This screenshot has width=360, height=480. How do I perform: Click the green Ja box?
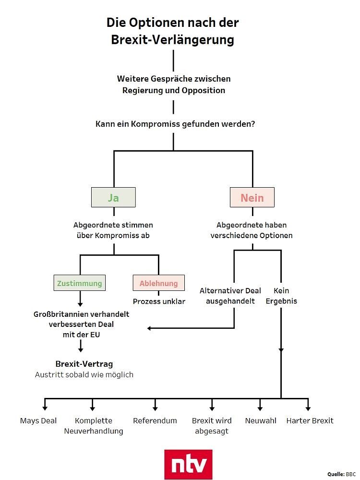coord(113,197)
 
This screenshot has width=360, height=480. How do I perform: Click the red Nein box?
coord(252,197)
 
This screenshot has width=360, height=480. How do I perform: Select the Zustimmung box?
coord(80,283)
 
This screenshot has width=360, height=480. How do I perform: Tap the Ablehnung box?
coord(158,283)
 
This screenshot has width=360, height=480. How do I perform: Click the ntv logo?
coord(188,464)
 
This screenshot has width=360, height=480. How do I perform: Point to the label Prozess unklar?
coord(159,301)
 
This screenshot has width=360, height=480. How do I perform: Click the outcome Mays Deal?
coord(38,421)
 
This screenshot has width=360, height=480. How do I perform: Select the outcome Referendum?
coord(155,421)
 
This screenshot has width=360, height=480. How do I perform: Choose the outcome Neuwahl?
coord(261,421)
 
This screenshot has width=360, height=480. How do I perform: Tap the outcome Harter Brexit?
coord(310,421)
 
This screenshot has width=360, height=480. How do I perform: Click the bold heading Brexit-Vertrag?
coord(84,364)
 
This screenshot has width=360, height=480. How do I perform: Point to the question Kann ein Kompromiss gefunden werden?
coord(175,124)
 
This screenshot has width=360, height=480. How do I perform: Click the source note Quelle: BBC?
coord(341,474)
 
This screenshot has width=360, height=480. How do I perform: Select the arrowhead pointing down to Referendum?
coord(155,408)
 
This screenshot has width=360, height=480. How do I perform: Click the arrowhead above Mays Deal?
coord(45,408)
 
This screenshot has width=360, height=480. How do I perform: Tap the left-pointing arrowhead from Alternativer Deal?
coord(149,328)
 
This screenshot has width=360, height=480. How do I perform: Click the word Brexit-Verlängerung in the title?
coord(173,40)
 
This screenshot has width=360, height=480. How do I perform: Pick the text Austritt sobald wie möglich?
coord(84,375)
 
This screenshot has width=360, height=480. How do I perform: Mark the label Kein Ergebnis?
coord(281,296)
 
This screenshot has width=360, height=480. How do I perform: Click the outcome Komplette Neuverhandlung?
coord(94,426)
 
